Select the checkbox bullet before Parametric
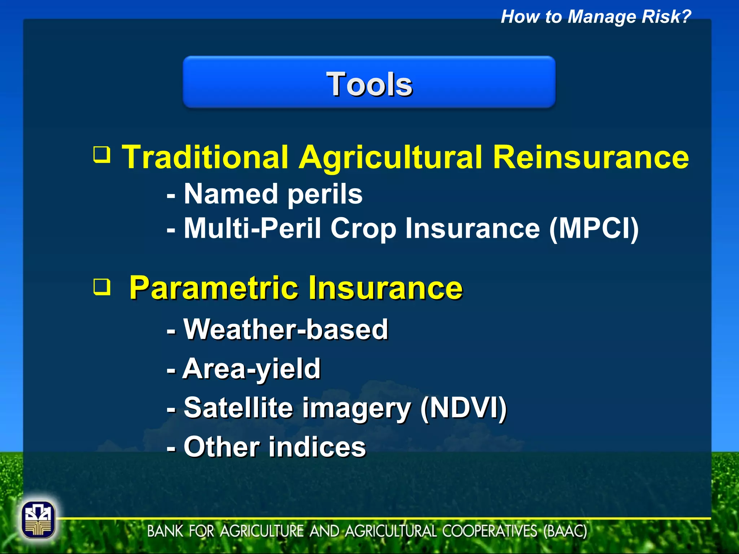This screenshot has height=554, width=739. (102, 287)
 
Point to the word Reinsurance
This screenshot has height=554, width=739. (591, 157)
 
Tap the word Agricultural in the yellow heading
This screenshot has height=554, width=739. (390, 157)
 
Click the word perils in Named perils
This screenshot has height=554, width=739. (325, 195)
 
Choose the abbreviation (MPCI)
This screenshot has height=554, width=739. (594, 229)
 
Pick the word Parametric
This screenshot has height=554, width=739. (213, 288)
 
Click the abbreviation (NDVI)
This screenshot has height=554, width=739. (464, 408)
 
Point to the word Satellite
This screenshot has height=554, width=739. (238, 408)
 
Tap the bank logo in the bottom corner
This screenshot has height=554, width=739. (38, 520)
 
